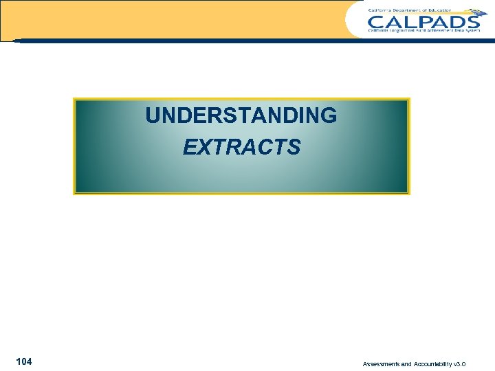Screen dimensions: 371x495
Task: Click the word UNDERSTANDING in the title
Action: click(x=241, y=116)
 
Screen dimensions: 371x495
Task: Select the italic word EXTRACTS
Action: click(x=241, y=147)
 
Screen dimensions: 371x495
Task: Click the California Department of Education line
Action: click(x=410, y=10)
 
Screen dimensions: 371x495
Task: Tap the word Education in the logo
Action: click(x=440, y=10)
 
